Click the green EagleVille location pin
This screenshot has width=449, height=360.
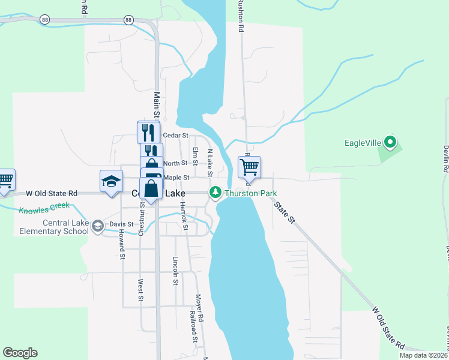point(390,142)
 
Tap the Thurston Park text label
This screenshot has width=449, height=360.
point(250,193)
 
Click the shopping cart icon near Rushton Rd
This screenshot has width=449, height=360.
point(249,167)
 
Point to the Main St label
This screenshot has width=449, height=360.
point(157,104)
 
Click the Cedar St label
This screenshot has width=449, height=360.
point(176,136)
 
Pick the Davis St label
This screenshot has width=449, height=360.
point(121,224)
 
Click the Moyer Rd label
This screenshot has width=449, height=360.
point(200,308)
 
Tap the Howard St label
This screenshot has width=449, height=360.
point(121,240)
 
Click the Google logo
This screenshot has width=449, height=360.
point(20,353)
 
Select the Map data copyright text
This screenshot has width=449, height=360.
point(423,355)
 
